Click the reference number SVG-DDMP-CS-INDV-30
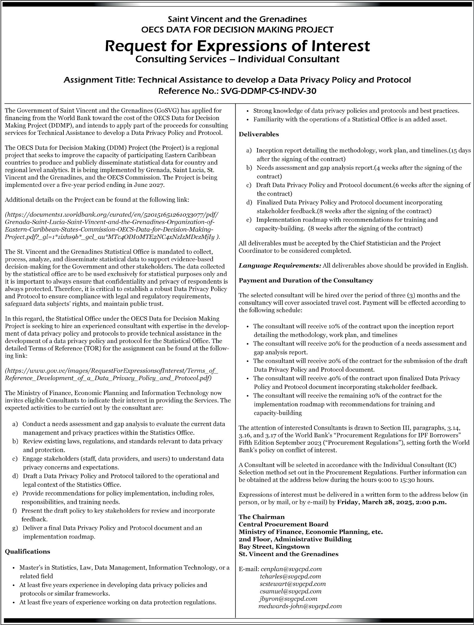coord(269,91)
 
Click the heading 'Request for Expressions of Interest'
coord(237,46)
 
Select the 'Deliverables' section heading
coord(259,134)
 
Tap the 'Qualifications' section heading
coord(27,551)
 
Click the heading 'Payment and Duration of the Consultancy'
coord(306,280)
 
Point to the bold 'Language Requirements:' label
coord(280,265)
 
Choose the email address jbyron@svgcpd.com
coord(288,599)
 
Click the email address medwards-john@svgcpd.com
coord(300,606)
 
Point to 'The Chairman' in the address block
coord(261,517)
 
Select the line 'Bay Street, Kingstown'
coord(274,546)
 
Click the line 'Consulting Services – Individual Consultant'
coord(237,59)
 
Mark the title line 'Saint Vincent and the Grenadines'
coord(237,19)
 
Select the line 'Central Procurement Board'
coord(283,524)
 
